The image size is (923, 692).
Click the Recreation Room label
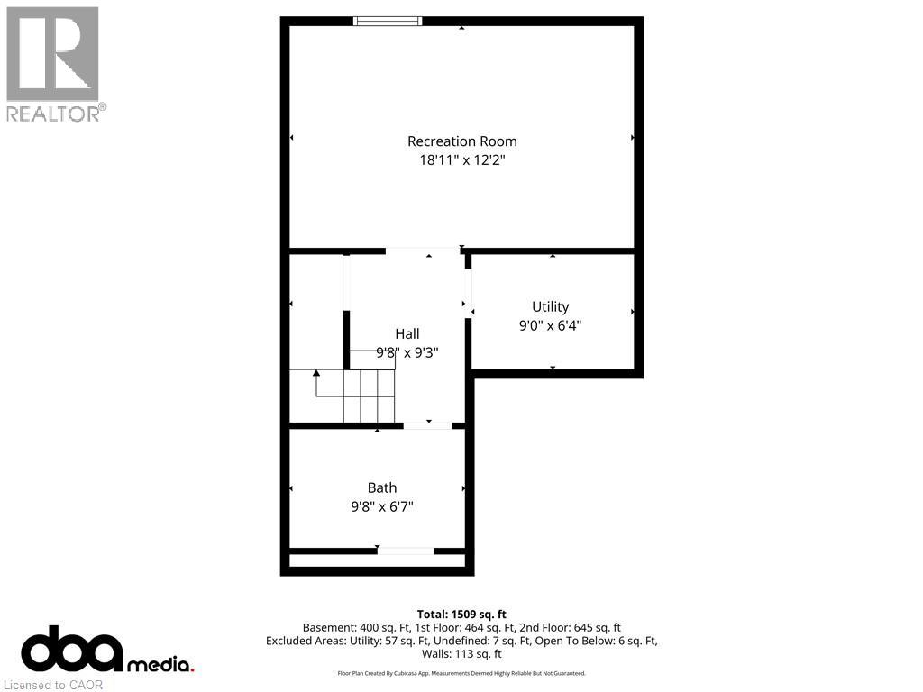461,141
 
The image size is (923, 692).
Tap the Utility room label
550,307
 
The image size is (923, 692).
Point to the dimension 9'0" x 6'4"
550,326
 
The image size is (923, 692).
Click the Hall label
407,334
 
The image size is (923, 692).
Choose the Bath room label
381,488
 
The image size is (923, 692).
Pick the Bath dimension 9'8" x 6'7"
381,507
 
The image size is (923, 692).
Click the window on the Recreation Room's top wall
388,21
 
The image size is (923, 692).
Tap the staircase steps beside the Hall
370,396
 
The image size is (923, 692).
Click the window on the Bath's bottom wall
405,551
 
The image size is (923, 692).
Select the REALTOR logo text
56,114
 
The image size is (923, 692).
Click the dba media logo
106,651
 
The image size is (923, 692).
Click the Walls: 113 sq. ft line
461,654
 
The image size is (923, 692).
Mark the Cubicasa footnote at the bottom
461,673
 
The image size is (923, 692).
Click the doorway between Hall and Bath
428,425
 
